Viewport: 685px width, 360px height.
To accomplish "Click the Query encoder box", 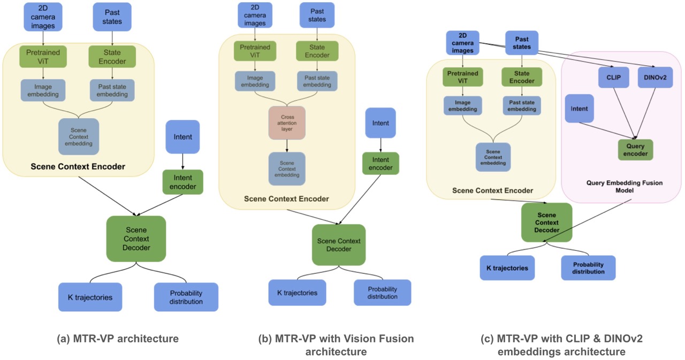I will [635, 150].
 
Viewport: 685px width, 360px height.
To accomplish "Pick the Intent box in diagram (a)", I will [182, 137].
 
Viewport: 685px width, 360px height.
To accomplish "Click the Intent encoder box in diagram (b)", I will [380, 163].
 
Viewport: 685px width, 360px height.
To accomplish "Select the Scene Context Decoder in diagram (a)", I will [136, 239].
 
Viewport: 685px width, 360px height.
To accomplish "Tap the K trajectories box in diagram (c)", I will [504, 268].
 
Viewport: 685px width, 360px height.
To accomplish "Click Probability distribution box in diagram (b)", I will [382, 293].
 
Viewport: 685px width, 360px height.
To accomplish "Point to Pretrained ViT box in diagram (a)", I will [42, 57].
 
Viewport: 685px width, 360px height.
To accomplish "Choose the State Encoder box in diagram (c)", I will [522, 78].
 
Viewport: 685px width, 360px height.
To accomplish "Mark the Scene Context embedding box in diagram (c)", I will [493, 157].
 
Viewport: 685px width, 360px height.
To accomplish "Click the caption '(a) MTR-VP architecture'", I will [118, 338].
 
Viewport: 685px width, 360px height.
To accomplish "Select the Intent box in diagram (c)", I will [579, 109].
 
